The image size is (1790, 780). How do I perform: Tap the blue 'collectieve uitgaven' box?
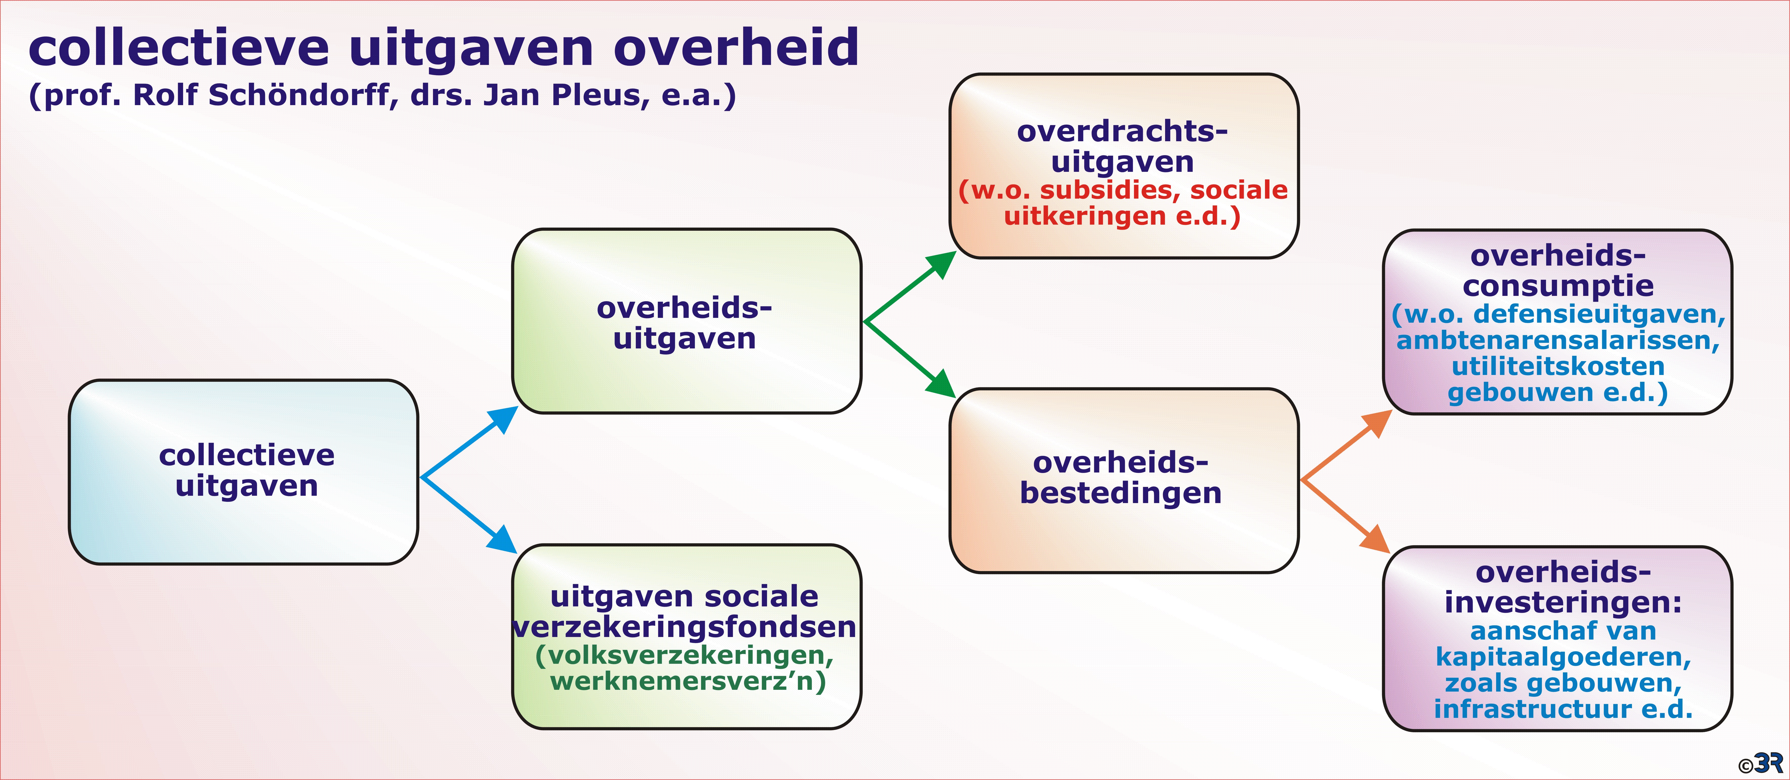tap(243, 471)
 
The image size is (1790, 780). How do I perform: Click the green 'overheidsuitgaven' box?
tap(687, 321)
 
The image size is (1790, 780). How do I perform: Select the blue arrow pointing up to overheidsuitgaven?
tap(470, 442)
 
